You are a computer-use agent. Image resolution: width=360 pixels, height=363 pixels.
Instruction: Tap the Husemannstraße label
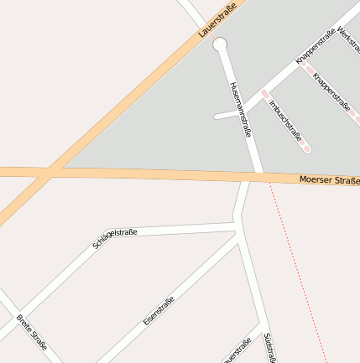click(241, 108)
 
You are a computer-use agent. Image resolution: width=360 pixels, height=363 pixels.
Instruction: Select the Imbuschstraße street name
click(285, 121)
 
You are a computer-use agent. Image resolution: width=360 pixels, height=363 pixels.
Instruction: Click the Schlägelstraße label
click(115, 238)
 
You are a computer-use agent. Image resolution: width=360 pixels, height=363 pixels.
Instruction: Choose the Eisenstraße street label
click(159, 310)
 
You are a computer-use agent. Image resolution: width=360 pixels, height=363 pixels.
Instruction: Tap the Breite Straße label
click(32, 332)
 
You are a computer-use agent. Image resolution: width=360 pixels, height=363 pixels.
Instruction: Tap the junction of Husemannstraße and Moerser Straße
click(257, 176)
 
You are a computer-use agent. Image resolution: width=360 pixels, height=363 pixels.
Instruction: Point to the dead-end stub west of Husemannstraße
click(220, 116)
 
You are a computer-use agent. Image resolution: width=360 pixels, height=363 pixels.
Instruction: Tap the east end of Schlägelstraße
click(234, 226)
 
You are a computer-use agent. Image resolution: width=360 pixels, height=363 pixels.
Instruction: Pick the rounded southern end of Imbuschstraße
click(306, 148)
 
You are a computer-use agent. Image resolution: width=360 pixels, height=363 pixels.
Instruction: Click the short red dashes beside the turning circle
click(215, 38)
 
